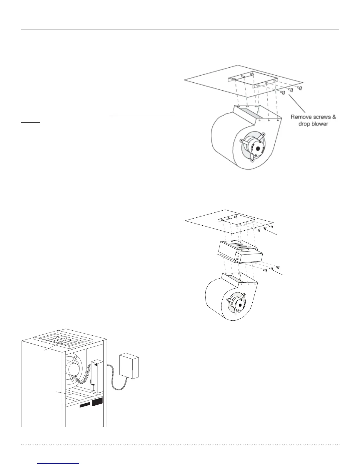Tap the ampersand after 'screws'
point(334,117)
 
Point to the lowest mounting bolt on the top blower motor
point(252,161)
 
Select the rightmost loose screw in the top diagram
point(300,88)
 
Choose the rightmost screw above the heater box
point(271,227)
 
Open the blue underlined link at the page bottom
point(59,464)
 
